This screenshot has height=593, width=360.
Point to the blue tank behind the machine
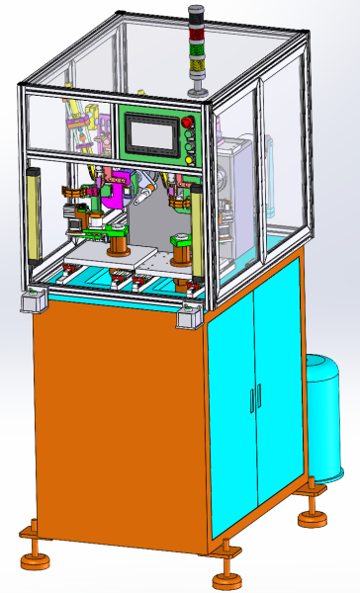[329, 415]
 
